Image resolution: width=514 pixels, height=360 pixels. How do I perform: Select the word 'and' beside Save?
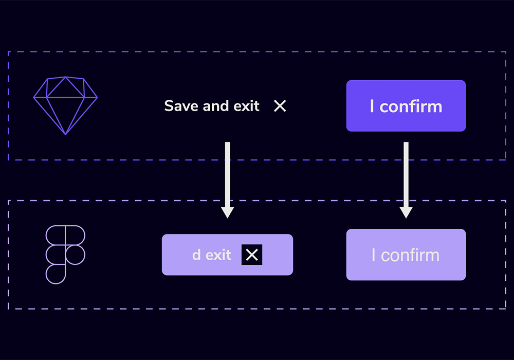216,106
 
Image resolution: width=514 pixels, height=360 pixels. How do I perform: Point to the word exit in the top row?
246,106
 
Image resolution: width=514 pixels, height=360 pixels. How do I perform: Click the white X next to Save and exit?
280,106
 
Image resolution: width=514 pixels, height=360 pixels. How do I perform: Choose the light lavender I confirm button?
406,255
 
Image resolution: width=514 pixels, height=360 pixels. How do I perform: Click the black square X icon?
252,255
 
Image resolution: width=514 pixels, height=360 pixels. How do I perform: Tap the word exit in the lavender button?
218,255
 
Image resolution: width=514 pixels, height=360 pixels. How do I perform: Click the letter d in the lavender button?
196,255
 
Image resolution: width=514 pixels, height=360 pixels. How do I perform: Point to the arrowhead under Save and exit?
228,212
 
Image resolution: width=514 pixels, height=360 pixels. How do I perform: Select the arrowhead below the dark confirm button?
406,212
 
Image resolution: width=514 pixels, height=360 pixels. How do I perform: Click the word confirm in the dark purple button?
411,106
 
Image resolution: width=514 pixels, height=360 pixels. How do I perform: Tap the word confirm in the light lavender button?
410,256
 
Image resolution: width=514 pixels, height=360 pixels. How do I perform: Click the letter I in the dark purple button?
372,106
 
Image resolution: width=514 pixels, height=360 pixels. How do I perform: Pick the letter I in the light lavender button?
373,255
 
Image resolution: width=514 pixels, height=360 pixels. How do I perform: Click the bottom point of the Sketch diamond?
66,135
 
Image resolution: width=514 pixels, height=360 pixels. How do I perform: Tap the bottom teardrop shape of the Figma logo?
56,274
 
